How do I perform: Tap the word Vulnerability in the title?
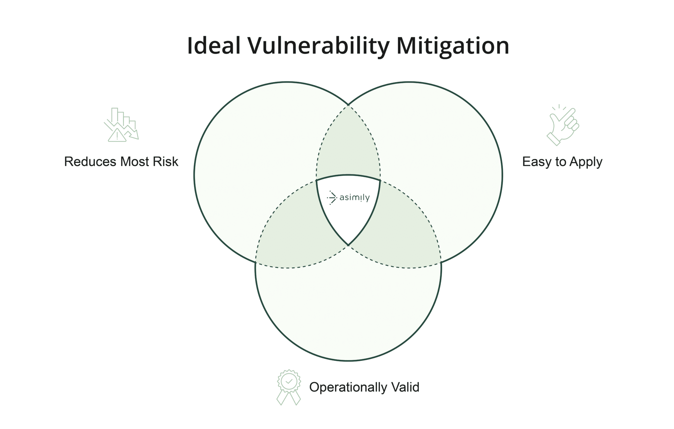[x=319, y=46]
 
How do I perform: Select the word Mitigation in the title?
[x=453, y=46]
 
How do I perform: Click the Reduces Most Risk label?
[x=121, y=162]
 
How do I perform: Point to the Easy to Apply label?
[x=562, y=162]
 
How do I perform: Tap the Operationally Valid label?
[x=364, y=387]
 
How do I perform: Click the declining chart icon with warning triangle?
[x=121, y=125]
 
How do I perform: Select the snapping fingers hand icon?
[x=562, y=125]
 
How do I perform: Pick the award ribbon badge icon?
[x=289, y=387]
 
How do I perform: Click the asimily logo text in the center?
[x=354, y=198]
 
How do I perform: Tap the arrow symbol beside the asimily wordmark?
[x=332, y=197]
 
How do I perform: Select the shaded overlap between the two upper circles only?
[x=348, y=148]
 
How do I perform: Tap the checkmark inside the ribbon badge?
[x=289, y=381]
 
